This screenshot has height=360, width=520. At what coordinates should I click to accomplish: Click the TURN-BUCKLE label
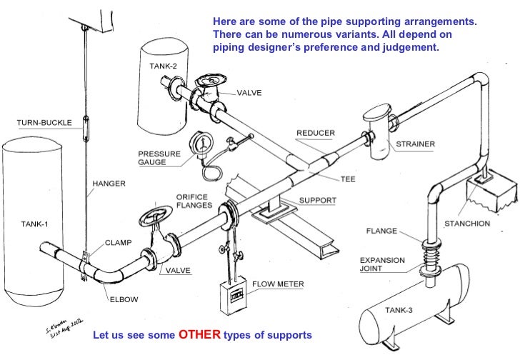(44, 122)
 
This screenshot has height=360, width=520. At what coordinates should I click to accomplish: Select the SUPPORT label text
(317, 200)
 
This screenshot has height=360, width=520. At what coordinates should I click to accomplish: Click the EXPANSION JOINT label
(381, 265)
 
